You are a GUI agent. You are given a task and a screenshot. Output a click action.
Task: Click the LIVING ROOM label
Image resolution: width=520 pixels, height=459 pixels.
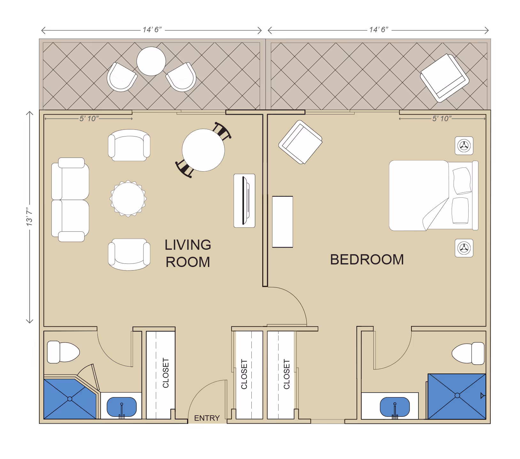pos(188,254)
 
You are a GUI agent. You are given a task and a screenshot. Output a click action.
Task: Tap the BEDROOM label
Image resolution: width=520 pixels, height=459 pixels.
pos(367,260)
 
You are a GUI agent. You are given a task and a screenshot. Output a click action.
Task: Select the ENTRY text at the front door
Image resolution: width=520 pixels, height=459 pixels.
pos(207,418)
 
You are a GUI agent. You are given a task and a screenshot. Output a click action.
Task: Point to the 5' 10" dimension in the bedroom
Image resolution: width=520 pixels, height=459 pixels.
pos(442,119)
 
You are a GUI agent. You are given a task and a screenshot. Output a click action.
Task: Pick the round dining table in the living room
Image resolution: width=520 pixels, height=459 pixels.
pos(203,150)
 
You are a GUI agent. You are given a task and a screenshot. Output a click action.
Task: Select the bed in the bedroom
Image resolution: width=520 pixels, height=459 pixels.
pos(433,196)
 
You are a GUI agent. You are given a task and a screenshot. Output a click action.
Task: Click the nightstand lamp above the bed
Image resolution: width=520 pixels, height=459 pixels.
pos(464,146)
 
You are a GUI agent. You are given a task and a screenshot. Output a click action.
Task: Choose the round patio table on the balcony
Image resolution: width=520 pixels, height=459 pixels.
pos(151,61)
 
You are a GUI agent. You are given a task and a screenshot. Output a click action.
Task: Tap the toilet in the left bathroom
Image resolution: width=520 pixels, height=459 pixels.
pos(63,352)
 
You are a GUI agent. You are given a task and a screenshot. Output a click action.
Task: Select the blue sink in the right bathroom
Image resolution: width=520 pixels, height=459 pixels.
pos(395,407)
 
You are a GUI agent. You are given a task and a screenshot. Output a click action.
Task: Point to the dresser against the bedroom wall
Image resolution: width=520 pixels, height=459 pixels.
pos(283,222)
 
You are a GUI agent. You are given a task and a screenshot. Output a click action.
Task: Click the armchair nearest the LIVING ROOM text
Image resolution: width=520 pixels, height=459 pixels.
pos(129,255)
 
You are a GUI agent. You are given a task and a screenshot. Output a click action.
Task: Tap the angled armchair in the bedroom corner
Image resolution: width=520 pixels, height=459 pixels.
pos(300,142)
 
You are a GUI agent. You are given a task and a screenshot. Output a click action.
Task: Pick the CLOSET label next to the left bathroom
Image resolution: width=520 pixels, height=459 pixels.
pos(166,373)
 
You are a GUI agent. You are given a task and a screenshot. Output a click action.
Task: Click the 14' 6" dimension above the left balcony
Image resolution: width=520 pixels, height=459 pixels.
pos(152,30)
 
